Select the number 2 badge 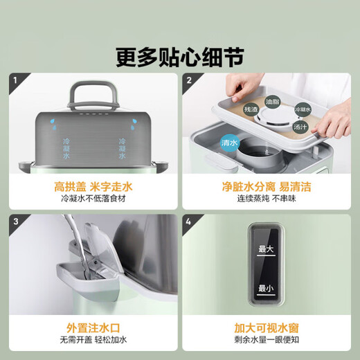pyautogui.click(x=188, y=81)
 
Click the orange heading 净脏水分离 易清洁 pyautogui.click(x=267, y=186)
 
